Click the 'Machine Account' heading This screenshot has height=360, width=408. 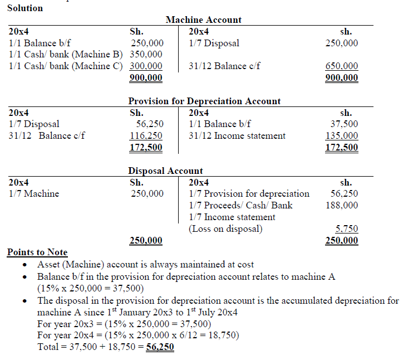tap(203, 20)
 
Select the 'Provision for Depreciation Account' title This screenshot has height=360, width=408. tap(204, 101)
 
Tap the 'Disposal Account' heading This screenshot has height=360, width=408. tap(165, 171)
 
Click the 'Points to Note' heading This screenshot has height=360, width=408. tap(37, 252)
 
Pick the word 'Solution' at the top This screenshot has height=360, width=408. tap(25, 8)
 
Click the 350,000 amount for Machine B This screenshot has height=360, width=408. tap(146, 55)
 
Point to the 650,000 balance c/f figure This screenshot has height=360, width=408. tap(341, 66)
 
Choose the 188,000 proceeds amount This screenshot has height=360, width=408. tap(341, 205)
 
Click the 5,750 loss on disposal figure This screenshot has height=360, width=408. tap(347, 228)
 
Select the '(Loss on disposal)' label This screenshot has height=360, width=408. tap(225, 228)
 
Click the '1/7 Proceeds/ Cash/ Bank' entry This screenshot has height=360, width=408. tap(240, 205)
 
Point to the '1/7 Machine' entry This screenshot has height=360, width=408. tap(34, 194)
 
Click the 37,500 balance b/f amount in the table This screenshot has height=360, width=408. tap(344, 124)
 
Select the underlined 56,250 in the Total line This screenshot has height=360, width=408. tap(159, 347)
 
